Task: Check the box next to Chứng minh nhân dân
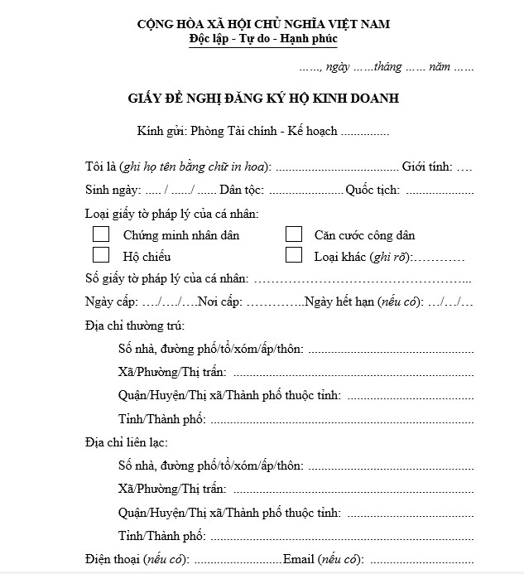[101, 234]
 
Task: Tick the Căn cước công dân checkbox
[293, 234]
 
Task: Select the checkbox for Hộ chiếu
[101, 255]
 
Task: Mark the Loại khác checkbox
[293, 255]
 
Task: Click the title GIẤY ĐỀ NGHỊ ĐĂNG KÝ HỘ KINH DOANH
[263, 99]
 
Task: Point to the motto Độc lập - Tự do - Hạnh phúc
[262, 38]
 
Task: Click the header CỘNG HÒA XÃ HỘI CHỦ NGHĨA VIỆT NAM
[262, 23]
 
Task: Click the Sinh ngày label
[113, 190]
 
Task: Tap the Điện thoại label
[113, 559]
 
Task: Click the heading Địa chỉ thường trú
[135, 326]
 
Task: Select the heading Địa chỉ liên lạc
[129, 442]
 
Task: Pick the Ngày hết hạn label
[339, 302]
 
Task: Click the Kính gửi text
[162, 131]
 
